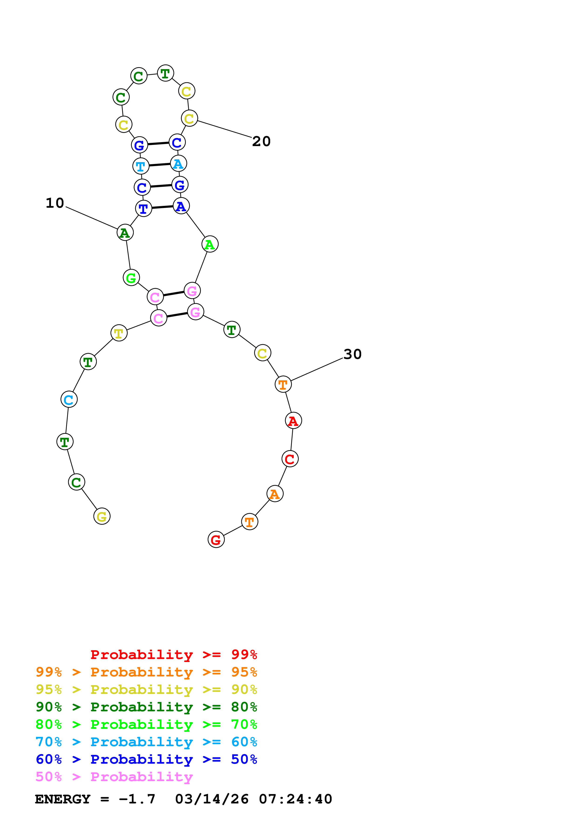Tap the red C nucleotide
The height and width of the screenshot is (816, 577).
tap(290, 459)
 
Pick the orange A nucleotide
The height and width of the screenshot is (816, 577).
tap(275, 494)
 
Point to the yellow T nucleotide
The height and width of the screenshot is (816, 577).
tap(119, 333)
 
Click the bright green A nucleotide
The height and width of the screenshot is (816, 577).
tap(210, 244)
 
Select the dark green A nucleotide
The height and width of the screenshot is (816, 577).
tap(125, 233)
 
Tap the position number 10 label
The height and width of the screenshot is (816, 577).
tap(55, 203)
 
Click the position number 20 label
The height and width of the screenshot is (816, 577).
tap(261, 141)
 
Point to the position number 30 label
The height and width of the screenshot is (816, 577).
tap(352, 354)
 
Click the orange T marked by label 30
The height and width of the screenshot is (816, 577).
tap(283, 384)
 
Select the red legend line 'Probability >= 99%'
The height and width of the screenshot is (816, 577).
tap(173, 654)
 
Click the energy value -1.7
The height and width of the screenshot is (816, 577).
tap(137, 799)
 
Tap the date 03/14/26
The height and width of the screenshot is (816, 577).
tap(212, 799)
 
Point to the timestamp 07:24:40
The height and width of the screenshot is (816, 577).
tap(295, 799)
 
